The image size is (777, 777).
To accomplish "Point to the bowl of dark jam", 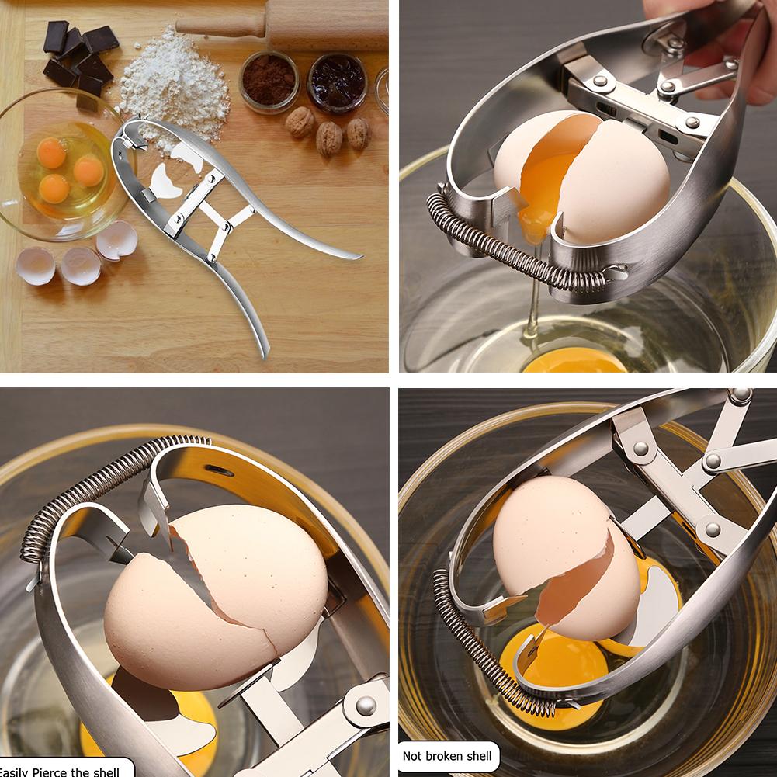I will click(x=337, y=80).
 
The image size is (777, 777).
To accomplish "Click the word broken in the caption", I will click(x=447, y=755).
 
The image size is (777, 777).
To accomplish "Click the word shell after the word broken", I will click(x=479, y=755).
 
